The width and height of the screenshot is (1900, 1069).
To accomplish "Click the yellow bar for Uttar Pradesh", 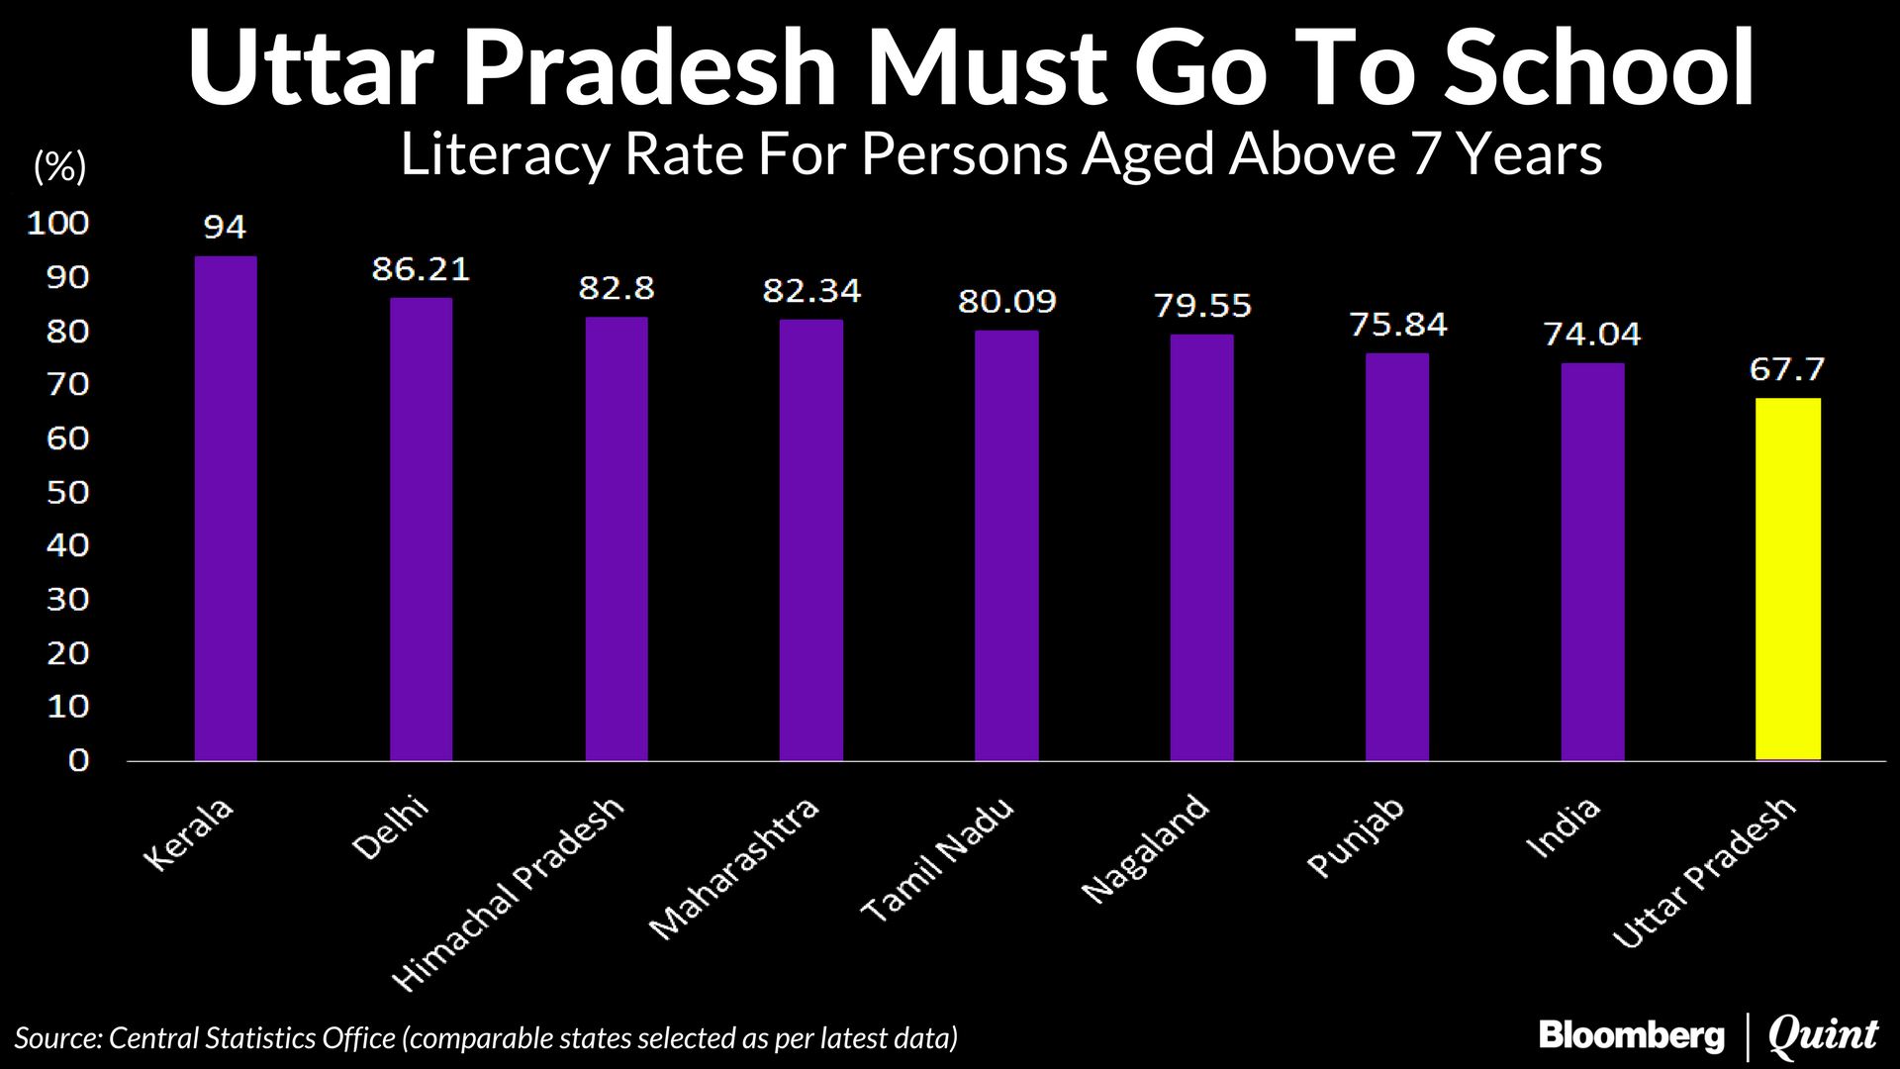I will tap(1787, 579).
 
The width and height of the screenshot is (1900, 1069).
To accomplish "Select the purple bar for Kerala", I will tap(226, 509).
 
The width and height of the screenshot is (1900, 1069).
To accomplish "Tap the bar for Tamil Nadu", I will tap(1006, 545).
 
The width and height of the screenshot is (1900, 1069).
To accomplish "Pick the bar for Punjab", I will tap(1396, 556).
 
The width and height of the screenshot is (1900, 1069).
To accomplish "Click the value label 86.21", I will tap(421, 269).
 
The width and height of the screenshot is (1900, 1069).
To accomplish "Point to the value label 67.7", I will tap(1786, 370).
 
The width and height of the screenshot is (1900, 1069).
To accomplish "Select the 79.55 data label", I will tap(1202, 306).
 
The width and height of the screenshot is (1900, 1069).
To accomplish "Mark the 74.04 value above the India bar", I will tap(1591, 335).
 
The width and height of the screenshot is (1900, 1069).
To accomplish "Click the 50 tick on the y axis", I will tap(67, 492).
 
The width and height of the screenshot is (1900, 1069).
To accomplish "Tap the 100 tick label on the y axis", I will tap(57, 223).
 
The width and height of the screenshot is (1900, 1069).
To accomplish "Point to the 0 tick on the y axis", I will tap(78, 760).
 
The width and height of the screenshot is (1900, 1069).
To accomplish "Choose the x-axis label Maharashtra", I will tap(734, 867).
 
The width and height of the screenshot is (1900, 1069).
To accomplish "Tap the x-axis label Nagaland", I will tap(1145, 849).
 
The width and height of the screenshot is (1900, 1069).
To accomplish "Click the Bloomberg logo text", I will tap(1631, 1035).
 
